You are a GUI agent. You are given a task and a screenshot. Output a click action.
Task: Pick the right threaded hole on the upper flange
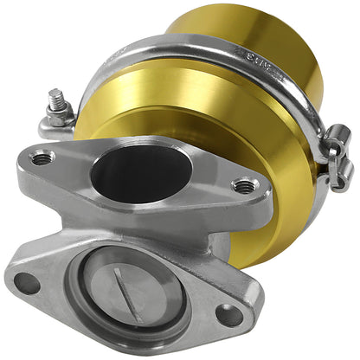coord(245,184)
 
